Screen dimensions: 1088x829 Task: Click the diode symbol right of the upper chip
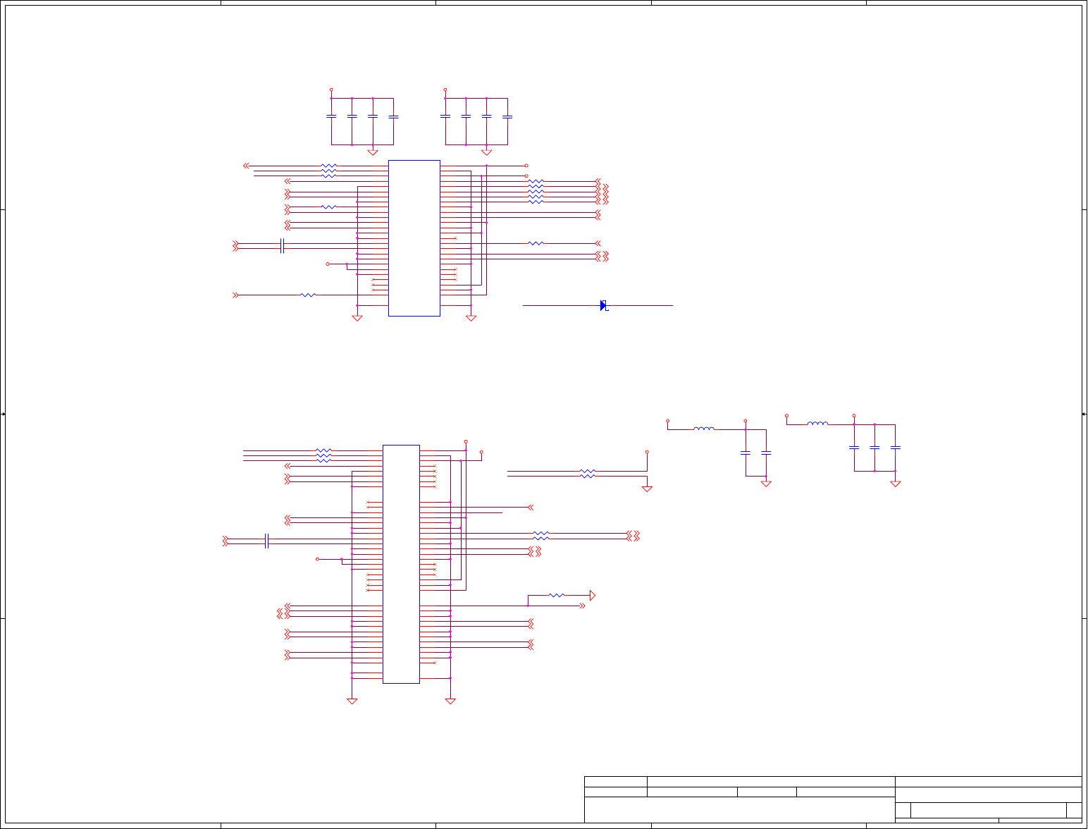click(603, 305)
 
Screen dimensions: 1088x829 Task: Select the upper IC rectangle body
click(414, 238)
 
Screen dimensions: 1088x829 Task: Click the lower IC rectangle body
click(401, 564)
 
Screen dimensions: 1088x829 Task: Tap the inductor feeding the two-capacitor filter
click(703, 429)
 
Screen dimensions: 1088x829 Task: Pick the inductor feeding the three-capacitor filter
click(817, 424)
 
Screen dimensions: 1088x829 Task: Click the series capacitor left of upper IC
click(282, 246)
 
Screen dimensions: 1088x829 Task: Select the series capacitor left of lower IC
click(266, 541)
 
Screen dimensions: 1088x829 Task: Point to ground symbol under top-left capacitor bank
click(373, 152)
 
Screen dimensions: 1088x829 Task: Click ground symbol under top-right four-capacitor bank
click(486, 152)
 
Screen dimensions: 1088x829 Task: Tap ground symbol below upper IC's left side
click(357, 319)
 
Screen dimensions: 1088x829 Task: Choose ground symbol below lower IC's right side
click(450, 701)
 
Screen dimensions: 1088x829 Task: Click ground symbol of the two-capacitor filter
click(766, 484)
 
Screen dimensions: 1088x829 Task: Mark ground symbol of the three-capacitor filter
click(895, 484)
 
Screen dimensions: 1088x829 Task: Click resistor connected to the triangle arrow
click(557, 596)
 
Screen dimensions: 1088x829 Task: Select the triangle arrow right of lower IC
click(593, 596)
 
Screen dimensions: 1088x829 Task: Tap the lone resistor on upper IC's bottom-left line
click(308, 295)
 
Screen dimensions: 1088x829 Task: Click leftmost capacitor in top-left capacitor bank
click(331, 116)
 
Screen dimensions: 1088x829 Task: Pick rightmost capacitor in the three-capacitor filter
click(895, 448)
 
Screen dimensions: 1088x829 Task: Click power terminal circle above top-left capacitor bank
click(331, 90)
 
